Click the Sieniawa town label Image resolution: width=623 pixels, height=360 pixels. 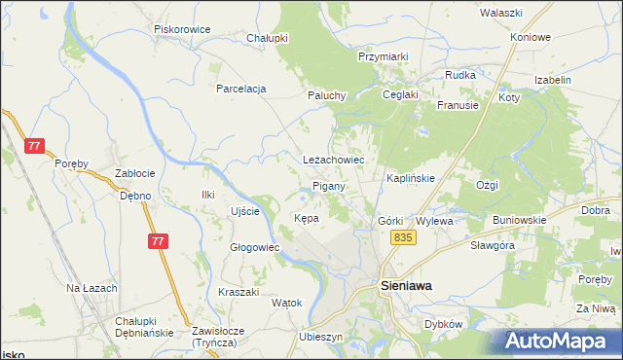click(405, 286)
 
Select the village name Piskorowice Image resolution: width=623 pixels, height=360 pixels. click(183, 29)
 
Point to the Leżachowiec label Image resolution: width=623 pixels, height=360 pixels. click(333, 159)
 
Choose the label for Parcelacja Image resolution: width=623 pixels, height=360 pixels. click(241, 89)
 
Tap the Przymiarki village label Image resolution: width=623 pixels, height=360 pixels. click(383, 57)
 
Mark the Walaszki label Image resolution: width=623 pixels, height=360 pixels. click(502, 13)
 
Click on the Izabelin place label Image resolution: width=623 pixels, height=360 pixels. click(553, 80)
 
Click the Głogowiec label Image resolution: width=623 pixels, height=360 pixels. click(254, 247)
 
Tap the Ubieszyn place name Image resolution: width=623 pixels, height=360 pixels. click(322, 336)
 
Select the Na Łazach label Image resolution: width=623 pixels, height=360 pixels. click(92, 289)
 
